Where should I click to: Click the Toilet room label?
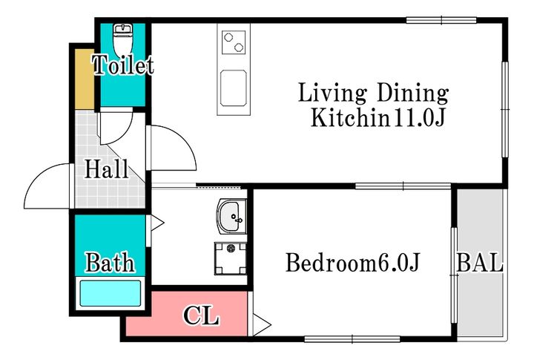pos(123,65)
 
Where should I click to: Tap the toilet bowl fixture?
pos(122,40)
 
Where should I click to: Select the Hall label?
pos(107,168)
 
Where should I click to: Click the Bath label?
pos(110,262)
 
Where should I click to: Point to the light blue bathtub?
pos(111,293)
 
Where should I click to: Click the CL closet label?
pos(201,315)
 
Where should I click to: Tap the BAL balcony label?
pos(480,263)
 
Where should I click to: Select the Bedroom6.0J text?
pos(353,263)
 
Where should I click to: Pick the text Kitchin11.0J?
pos(378,117)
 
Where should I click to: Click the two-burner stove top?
pos(234,42)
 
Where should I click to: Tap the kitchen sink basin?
pos(234,88)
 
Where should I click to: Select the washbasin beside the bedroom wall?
pos(232,217)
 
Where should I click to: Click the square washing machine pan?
pos(231,258)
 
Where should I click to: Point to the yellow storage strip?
pos(85,79)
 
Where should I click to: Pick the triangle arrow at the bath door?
pos(157,223)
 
